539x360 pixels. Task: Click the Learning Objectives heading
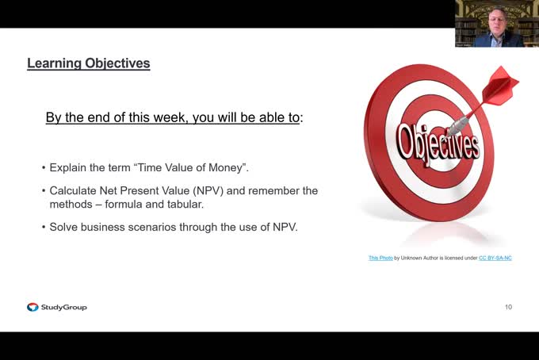pyautogui.click(x=88, y=63)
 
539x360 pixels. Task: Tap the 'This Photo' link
pyautogui.click(x=380, y=258)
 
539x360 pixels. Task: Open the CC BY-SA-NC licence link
pyautogui.click(x=495, y=258)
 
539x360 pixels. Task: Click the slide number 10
pyautogui.click(x=508, y=307)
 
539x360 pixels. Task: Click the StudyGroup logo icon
pyautogui.click(x=32, y=307)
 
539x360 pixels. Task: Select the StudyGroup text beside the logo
pyautogui.click(x=63, y=307)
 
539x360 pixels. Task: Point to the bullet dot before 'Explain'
pyautogui.click(x=43, y=169)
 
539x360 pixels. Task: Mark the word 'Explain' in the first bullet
pyautogui.click(x=68, y=168)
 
